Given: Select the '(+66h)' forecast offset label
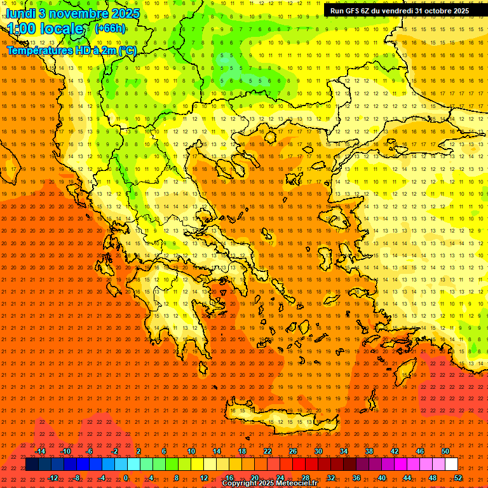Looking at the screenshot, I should [x=110, y=28].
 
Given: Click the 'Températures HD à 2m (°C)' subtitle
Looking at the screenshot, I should [x=71, y=50].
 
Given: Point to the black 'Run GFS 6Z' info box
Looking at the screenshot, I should [x=399, y=11].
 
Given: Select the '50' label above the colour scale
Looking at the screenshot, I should [x=445, y=451].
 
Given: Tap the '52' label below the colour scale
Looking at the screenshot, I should [x=458, y=477].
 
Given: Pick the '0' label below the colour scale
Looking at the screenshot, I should [x=126, y=477].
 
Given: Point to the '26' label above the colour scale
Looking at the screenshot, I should [x=293, y=451].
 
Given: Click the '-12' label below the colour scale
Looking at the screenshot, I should [x=53, y=477].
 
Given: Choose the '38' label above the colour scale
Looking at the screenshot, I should [x=369, y=451].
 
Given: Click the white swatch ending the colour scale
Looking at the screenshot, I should [x=452, y=464].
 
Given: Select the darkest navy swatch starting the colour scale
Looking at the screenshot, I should [x=32, y=464].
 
